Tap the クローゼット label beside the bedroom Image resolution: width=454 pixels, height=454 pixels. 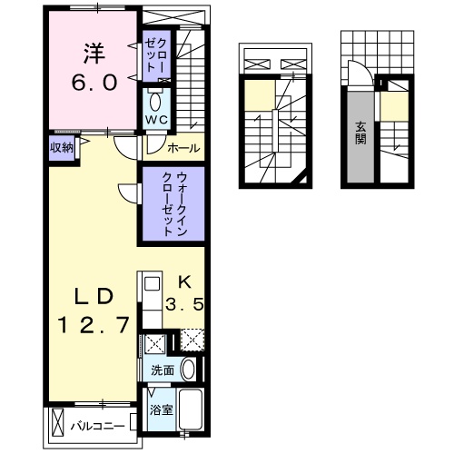[x=151, y=55]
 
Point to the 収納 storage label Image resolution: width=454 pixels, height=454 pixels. [x=61, y=148]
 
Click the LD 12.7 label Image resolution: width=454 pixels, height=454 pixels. [x=89, y=310]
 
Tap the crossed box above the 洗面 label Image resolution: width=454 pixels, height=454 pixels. [x=154, y=343]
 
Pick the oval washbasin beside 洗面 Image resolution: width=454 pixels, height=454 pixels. [x=188, y=370]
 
